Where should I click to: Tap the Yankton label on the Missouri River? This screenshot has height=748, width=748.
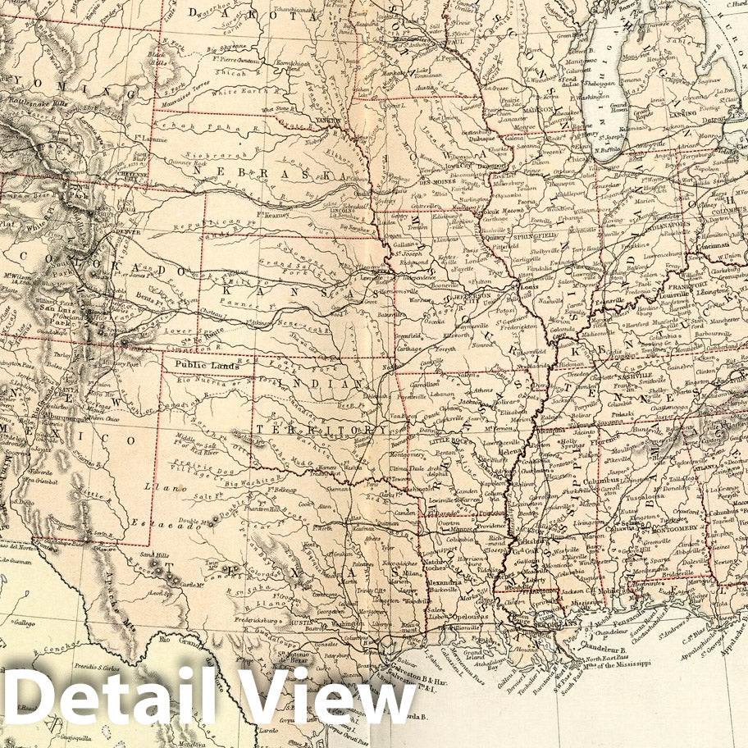coord(327,121)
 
